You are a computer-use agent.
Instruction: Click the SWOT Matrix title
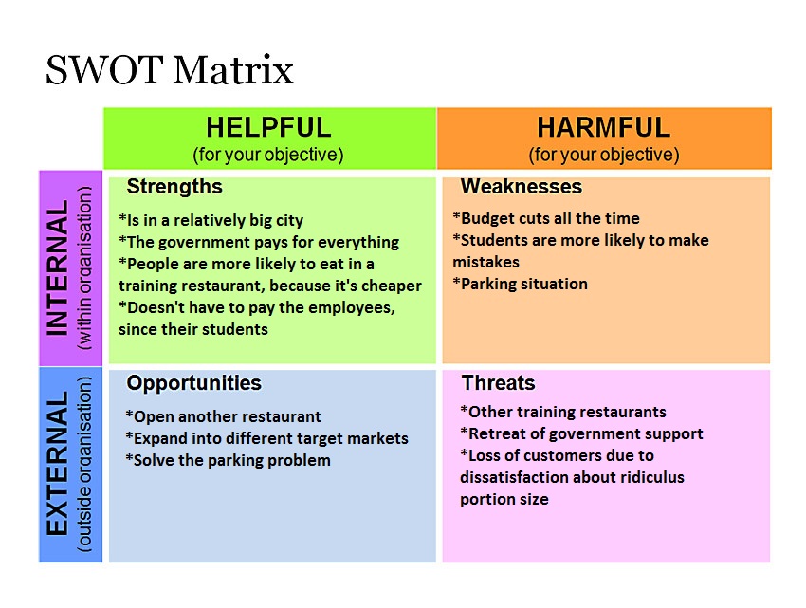click(170, 70)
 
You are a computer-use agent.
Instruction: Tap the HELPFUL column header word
click(269, 127)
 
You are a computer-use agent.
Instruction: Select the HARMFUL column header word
click(604, 127)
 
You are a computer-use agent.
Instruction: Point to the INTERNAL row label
click(58, 268)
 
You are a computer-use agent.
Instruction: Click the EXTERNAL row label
click(58, 463)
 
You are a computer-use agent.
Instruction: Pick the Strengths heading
click(174, 187)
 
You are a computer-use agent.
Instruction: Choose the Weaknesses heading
click(522, 186)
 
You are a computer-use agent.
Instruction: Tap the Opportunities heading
click(193, 383)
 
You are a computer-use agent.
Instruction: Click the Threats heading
click(498, 383)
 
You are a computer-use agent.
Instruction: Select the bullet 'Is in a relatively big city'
click(211, 220)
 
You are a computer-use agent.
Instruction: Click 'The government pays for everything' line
click(259, 242)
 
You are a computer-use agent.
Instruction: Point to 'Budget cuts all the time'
click(546, 218)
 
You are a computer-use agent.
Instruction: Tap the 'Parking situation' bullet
click(520, 284)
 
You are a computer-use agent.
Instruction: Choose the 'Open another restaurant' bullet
click(223, 416)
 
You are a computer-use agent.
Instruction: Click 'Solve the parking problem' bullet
click(228, 460)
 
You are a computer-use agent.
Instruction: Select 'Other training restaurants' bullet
click(563, 412)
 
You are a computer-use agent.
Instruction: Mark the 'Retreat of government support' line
click(581, 433)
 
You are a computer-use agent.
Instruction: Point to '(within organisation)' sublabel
click(84, 268)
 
